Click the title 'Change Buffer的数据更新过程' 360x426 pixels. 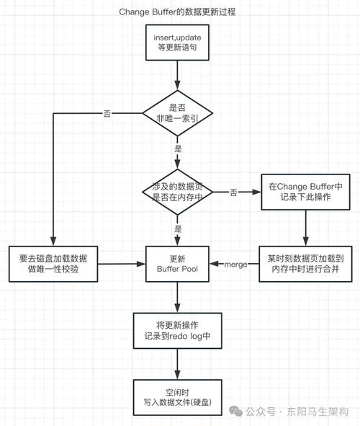178,13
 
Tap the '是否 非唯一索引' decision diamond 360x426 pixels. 178,112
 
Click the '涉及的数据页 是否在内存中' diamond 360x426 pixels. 178,192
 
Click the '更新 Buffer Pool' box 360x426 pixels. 178,264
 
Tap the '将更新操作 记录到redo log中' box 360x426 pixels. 178,330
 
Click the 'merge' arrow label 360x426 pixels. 235,265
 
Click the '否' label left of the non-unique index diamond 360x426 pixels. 107,113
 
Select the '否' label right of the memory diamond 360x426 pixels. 234,192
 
